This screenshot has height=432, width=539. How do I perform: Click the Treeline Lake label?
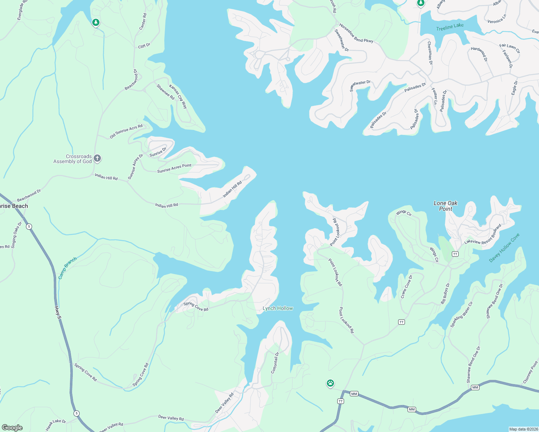tap(450, 27)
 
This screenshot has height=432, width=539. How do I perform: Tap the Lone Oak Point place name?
tap(445, 206)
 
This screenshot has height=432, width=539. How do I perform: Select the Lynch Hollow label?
tap(277, 308)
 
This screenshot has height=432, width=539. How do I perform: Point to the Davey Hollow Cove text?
tap(504, 248)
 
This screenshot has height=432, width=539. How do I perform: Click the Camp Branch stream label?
tap(67, 268)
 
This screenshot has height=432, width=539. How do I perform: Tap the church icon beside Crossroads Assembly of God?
tap(97, 158)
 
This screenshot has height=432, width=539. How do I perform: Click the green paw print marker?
tap(330, 383)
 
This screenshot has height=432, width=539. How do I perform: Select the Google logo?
tap(12, 428)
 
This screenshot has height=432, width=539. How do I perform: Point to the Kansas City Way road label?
tap(178, 96)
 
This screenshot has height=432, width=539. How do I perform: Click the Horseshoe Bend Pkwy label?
tap(356, 33)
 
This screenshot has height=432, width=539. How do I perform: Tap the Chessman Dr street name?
tap(429, 53)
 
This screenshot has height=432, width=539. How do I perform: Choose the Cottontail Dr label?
tap(275, 363)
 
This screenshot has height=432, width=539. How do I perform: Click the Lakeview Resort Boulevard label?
tap(483, 235)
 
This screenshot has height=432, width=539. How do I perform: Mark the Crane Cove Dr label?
tap(406, 287)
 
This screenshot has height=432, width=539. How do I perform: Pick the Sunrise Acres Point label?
tap(174, 168)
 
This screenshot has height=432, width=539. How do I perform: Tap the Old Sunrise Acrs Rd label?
tap(126, 131)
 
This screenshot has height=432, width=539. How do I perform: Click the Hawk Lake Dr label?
tap(56, 425)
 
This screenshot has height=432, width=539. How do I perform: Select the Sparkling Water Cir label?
tap(461, 315)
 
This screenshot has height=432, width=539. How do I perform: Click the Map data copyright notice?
tap(523, 429)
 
